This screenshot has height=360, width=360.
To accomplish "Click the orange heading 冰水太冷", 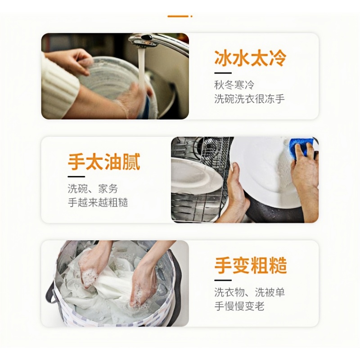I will point(250,58).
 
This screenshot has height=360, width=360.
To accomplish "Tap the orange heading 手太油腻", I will point(104,162).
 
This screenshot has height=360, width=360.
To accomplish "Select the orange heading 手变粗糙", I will point(250,265).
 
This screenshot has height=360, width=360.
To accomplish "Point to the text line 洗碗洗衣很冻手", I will point(249,99).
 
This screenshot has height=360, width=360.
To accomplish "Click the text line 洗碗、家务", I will point(92,189).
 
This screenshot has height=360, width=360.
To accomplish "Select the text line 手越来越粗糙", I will point(98,202).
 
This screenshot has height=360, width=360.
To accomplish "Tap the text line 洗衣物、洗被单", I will point(249,292).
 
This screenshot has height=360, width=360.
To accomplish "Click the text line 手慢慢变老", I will point(239,306).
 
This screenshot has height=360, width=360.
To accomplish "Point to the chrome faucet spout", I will point(148,41).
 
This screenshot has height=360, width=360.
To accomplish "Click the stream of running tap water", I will point(141,67).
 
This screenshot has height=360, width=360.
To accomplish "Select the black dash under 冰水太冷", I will point(222,73).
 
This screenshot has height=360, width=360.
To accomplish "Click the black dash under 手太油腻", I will point(76,176).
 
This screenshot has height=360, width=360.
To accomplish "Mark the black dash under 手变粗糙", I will point(222,280).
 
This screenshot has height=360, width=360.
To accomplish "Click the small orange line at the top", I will point(179,16).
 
